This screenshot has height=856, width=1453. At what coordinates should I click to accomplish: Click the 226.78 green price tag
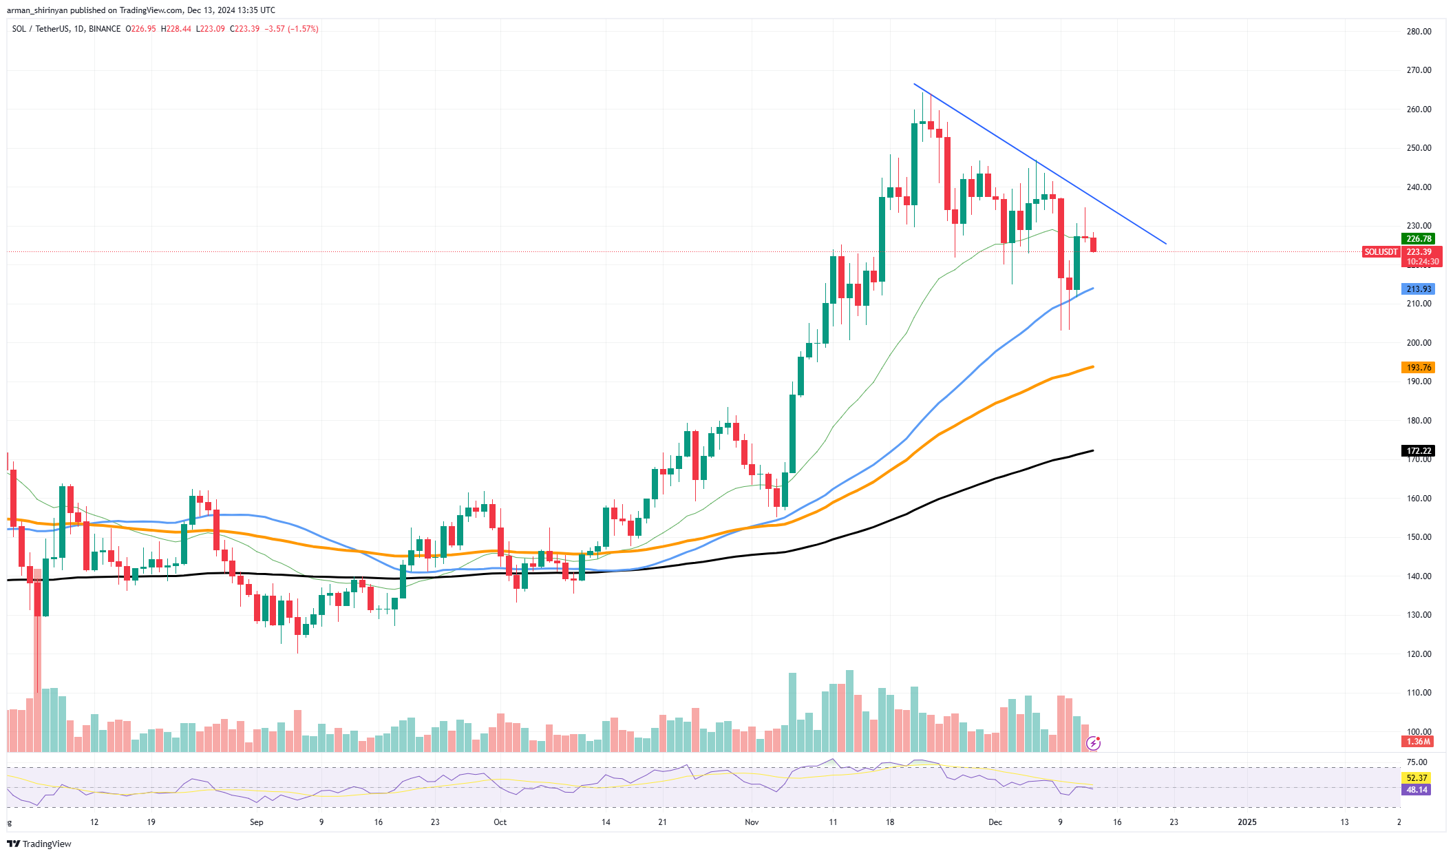1418,239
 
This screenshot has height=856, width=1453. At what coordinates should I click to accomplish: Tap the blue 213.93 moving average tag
1418,289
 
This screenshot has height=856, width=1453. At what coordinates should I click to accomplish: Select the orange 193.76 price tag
1418,368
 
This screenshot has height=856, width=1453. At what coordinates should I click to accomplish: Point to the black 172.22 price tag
1418,451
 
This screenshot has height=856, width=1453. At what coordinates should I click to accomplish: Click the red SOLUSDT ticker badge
1380,252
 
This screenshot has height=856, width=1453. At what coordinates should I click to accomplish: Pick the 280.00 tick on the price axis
1418,32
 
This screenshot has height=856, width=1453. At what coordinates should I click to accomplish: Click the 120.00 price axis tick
1418,654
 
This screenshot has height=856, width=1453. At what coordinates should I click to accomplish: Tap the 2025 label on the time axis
1247,822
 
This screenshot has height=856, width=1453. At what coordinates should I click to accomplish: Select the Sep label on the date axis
257,822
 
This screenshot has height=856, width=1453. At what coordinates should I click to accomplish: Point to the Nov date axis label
752,822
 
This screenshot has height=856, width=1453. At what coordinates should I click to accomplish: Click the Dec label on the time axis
995,822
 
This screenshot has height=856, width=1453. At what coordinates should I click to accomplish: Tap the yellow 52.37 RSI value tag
1417,778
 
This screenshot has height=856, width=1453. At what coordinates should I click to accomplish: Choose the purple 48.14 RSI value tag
1417,790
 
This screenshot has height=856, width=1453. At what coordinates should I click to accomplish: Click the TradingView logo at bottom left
39,844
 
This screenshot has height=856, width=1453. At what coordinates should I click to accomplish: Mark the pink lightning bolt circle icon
1093,743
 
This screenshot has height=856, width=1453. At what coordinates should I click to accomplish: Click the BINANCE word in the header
105,29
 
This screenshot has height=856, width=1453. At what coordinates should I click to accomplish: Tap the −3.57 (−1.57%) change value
293,29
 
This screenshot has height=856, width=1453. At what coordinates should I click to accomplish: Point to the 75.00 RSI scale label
1417,762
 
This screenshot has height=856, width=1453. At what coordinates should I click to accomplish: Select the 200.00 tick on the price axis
1418,343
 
